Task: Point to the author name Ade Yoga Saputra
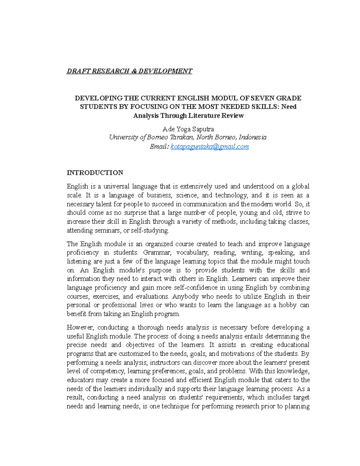(188, 129)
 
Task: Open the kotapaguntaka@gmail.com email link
(209, 146)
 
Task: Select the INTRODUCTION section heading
(95, 173)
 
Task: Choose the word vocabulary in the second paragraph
(192, 252)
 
